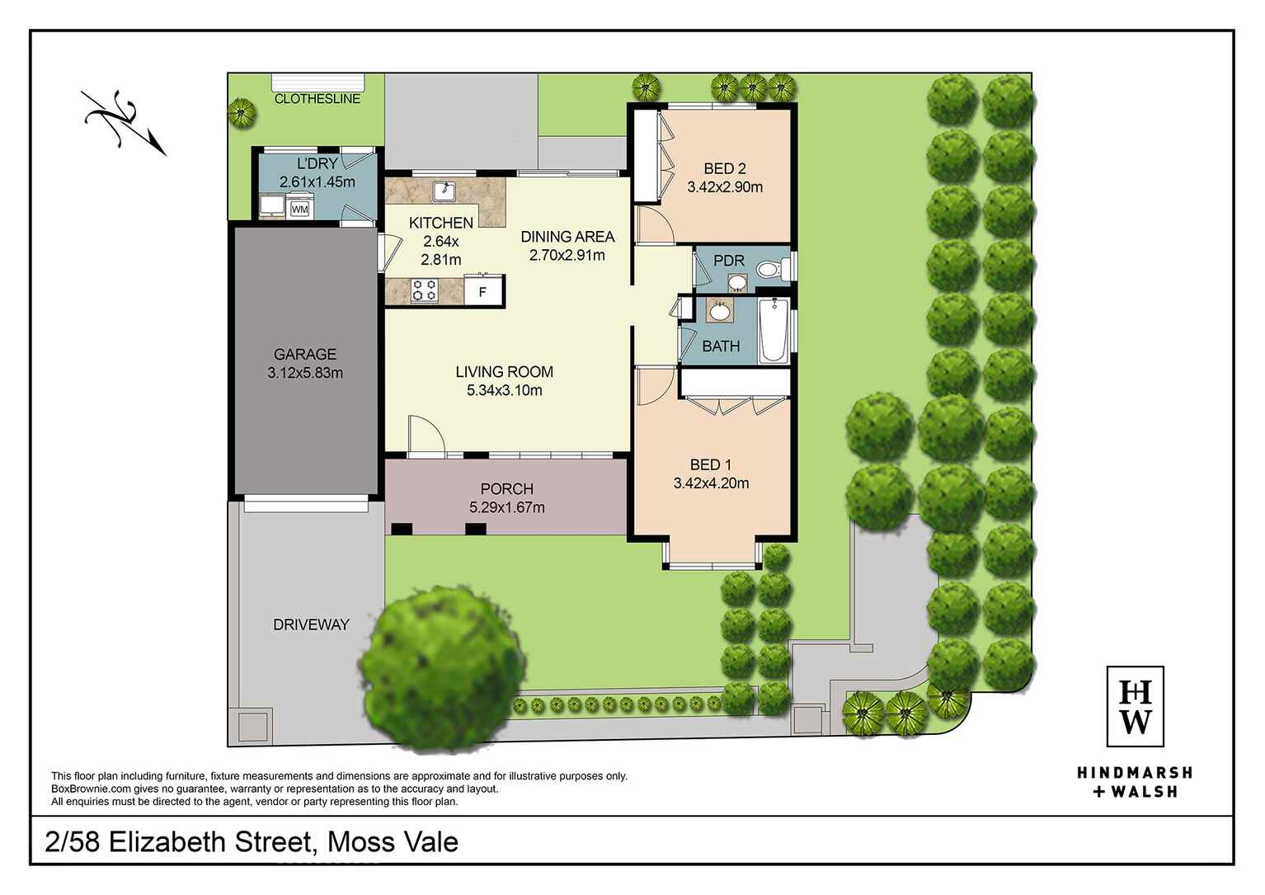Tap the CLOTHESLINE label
317,99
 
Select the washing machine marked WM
299,210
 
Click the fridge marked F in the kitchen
483,292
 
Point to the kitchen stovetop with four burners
425,290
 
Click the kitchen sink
446,191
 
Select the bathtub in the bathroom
773,332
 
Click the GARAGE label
305,355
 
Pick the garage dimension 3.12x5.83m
305,373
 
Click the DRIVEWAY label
311,624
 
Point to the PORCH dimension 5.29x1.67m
506,507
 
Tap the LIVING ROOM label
504,372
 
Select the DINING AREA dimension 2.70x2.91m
567,255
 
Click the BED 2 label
725,169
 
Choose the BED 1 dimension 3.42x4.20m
711,483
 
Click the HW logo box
1135,706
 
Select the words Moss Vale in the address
393,842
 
